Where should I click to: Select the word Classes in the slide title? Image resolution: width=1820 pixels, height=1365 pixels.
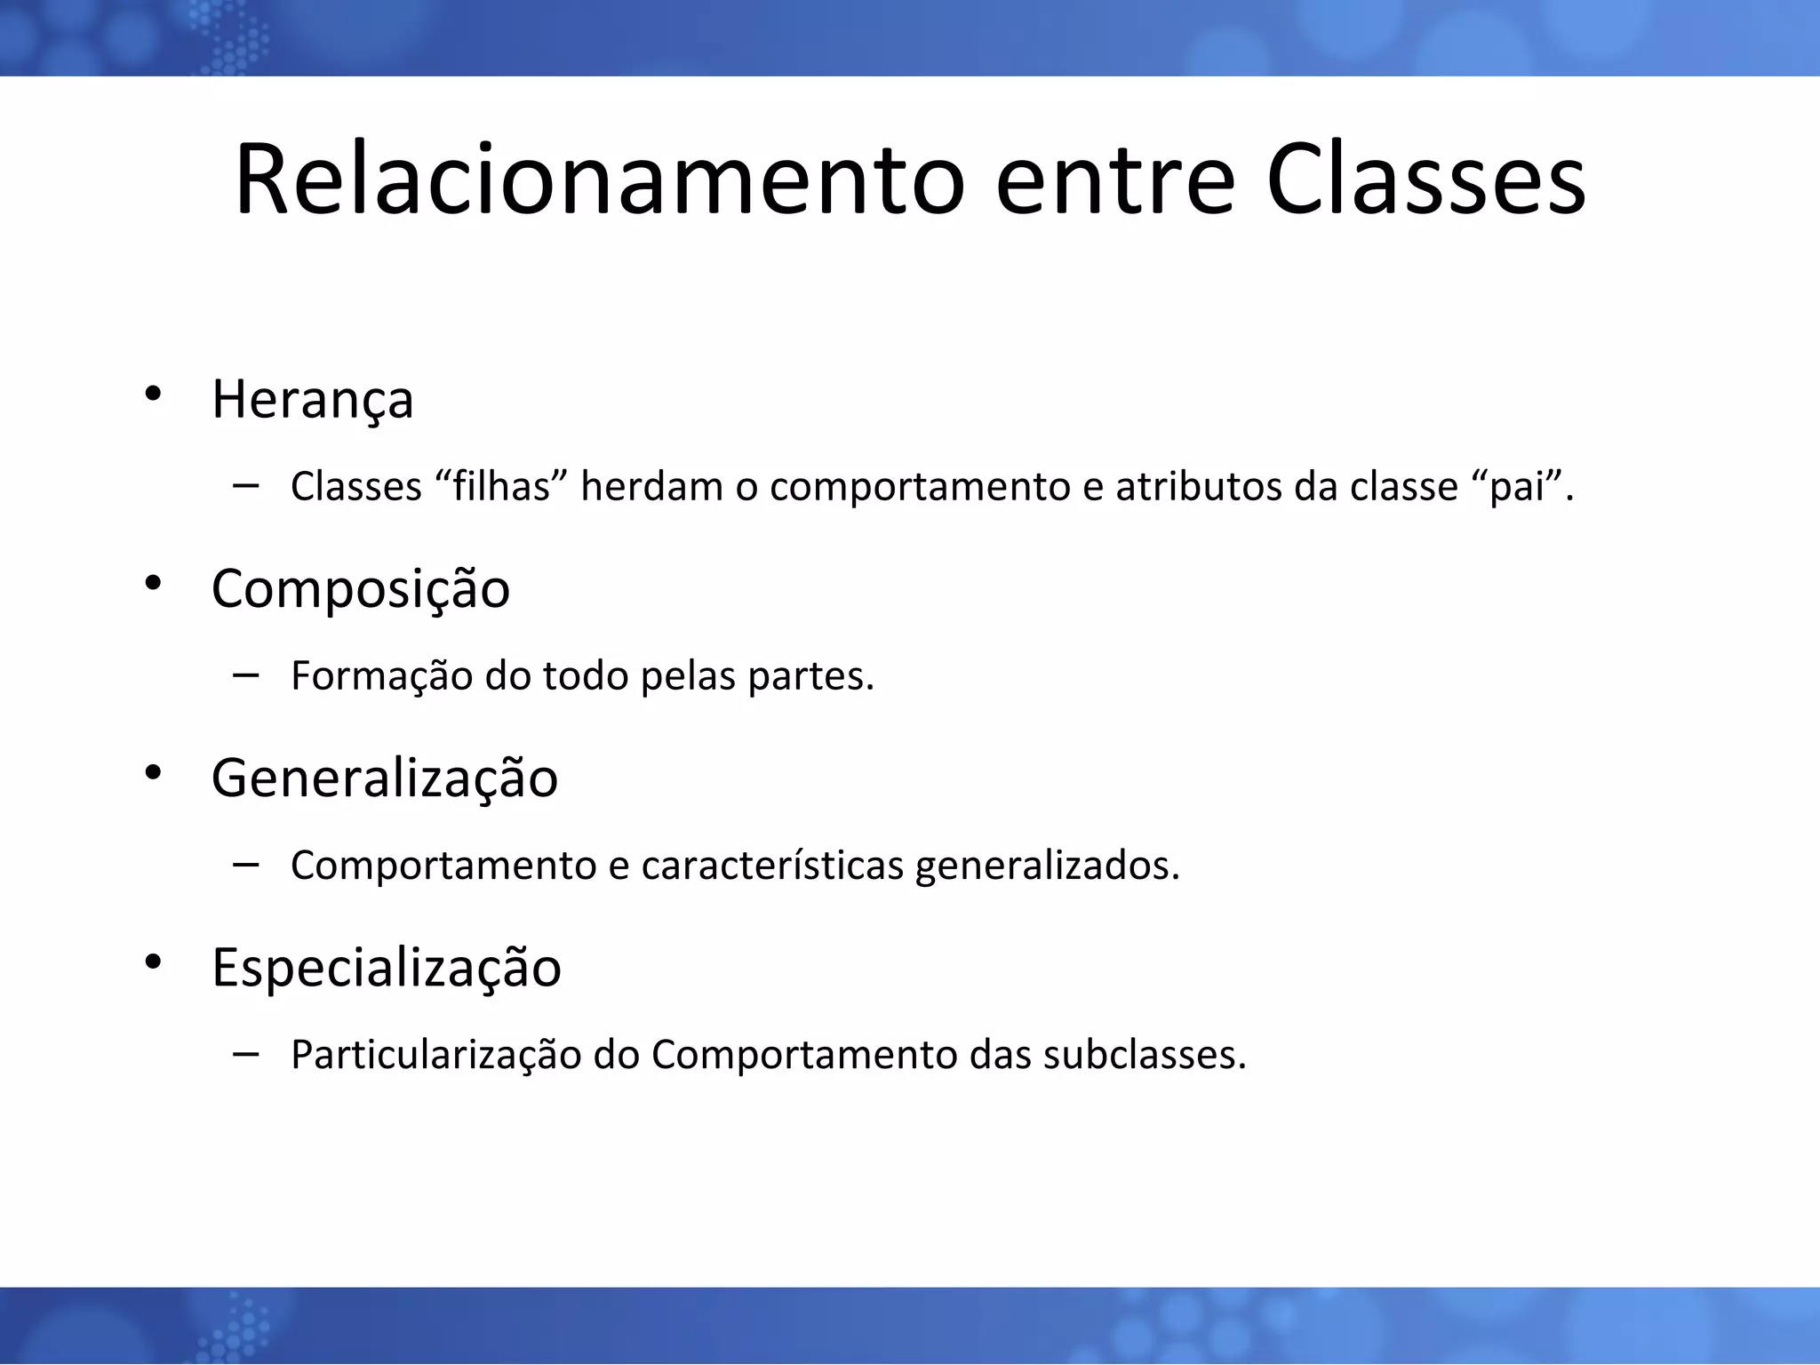(1425, 180)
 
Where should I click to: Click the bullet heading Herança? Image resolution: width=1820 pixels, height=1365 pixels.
(313, 400)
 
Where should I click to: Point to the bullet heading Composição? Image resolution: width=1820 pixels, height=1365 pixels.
(361, 590)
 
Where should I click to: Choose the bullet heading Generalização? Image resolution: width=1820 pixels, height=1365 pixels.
(384, 779)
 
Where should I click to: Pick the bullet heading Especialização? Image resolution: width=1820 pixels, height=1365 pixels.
(387, 969)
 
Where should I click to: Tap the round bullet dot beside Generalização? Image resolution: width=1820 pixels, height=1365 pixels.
(153, 772)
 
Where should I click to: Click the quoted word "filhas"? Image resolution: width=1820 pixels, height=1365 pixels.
(502, 486)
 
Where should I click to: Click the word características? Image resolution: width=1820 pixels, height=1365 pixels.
(772, 866)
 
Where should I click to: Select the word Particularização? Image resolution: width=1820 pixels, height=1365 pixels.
(435, 1056)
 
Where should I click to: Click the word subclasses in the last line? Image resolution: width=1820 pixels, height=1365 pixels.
(1145, 1056)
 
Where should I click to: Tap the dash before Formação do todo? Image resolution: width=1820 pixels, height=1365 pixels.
(245, 675)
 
